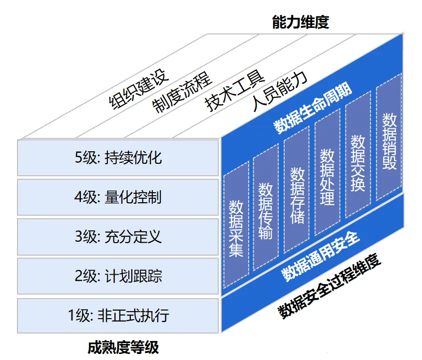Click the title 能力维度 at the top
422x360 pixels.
coord(300,22)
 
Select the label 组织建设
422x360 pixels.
coord(139,89)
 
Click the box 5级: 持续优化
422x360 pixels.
coord(118,158)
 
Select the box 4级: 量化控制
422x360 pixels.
coord(118,197)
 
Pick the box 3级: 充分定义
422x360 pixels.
coord(118,236)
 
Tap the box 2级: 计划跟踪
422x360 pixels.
coord(118,276)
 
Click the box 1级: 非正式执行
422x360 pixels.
coord(118,316)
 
